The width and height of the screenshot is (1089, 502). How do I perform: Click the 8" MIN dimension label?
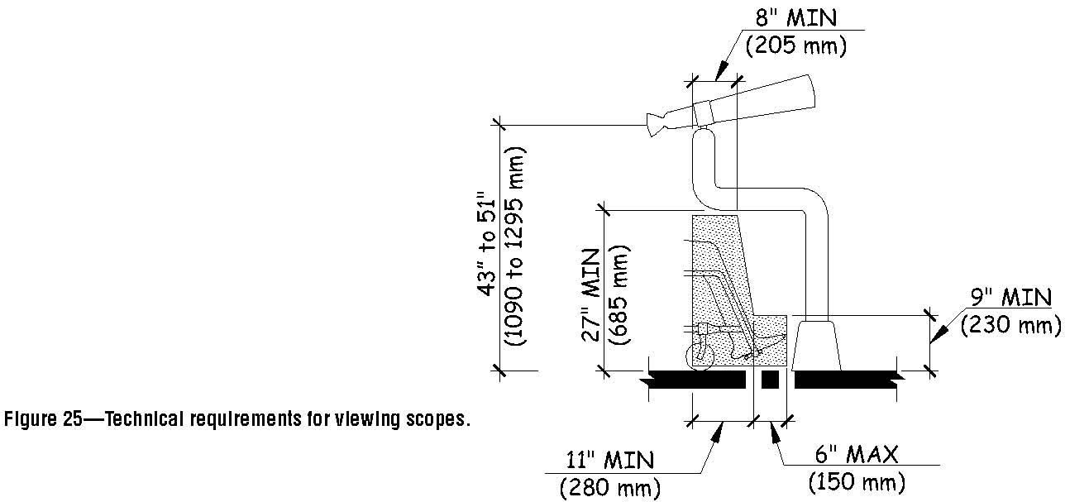[796, 18]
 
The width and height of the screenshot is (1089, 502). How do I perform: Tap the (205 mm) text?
[796, 46]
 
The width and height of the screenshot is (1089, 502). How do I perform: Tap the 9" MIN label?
[1010, 298]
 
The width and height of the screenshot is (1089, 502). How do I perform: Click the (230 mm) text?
[1010, 326]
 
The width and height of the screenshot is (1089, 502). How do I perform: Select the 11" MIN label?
[610, 459]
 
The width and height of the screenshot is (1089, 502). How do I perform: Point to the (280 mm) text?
[610, 488]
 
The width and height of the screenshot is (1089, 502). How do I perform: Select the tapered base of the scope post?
[817, 345]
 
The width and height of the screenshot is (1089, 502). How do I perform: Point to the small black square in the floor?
[770, 380]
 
